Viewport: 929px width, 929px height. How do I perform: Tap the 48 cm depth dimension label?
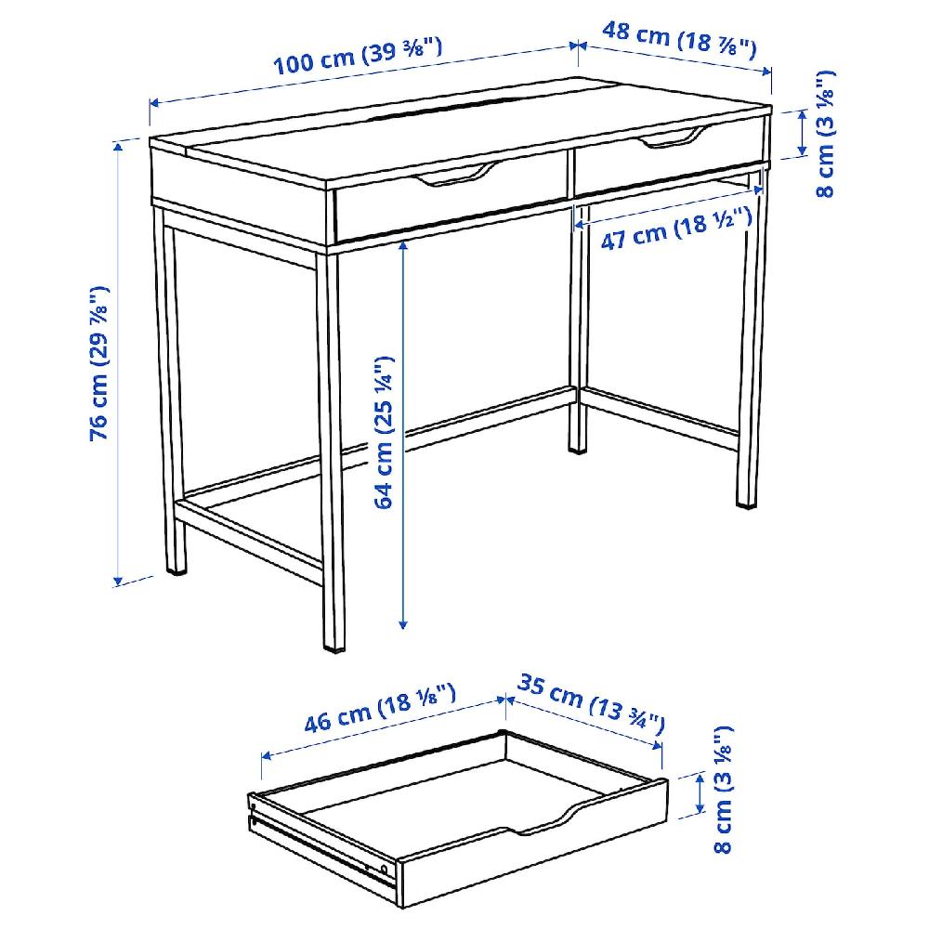pyautogui.click(x=679, y=38)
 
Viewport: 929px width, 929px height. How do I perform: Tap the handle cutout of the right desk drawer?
pyautogui.click(x=666, y=140)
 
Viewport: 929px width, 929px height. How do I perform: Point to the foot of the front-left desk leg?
pyautogui.click(x=176, y=564)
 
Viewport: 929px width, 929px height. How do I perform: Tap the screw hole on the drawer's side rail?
pyautogui.click(x=382, y=868)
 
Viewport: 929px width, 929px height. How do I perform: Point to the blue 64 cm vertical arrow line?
pyautogui.click(x=403, y=520)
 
